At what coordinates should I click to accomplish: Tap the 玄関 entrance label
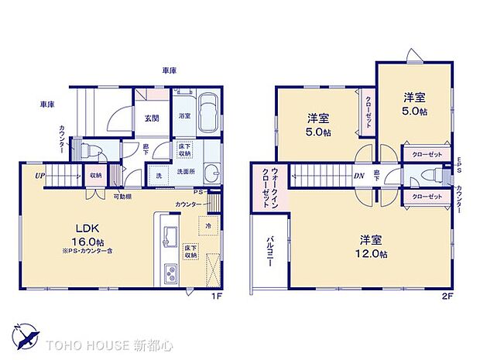click(x=152, y=118)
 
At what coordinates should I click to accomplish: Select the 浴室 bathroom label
click(x=185, y=115)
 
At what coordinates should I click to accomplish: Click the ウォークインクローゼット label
click(x=270, y=188)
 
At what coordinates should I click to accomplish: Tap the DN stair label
click(x=359, y=176)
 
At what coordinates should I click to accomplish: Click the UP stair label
click(x=38, y=176)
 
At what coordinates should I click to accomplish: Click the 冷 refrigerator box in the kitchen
click(x=210, y=225)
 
